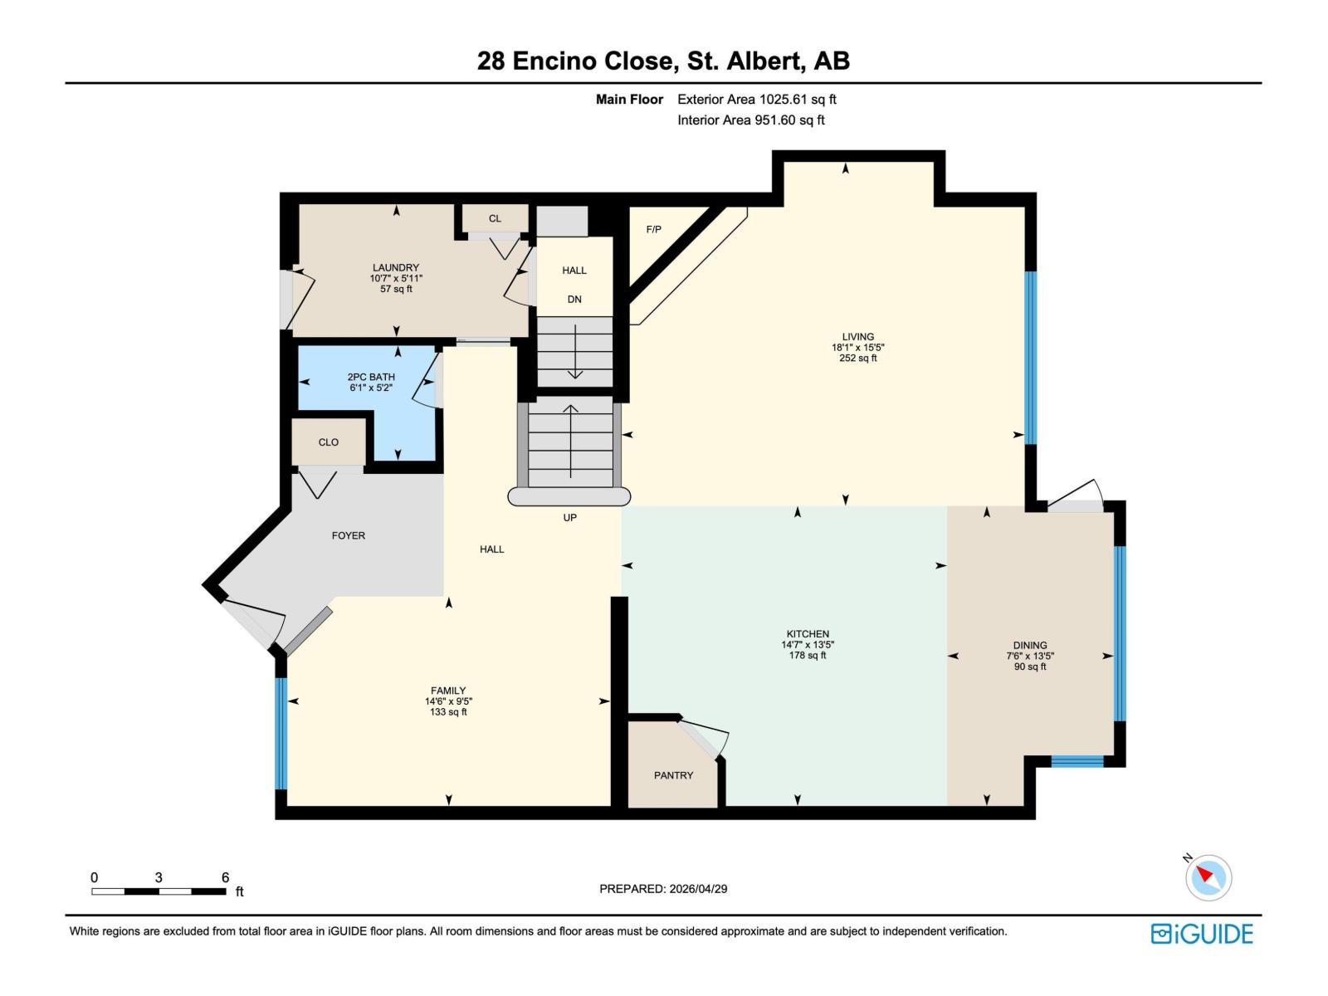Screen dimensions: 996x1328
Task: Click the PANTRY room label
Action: [673, 775]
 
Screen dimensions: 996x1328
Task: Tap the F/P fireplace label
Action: [654, 229]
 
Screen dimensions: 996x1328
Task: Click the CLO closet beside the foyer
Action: [329, 442]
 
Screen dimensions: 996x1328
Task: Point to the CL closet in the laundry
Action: [495, 219]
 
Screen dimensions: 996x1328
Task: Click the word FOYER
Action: [349, 535]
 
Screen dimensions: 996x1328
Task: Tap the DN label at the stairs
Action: [574, 300]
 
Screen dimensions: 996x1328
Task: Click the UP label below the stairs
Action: [570, 517]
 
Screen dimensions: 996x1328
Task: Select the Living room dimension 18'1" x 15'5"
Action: [857, 348]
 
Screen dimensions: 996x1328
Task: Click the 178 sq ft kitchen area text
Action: [808, 656]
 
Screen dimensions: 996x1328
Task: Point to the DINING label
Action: [1030, 645]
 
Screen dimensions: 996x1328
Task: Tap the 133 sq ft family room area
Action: [448, 712]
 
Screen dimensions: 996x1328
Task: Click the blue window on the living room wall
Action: [1031, 357]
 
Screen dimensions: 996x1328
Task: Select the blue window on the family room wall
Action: [281, 733]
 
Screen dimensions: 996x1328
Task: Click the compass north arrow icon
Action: [1208, 877]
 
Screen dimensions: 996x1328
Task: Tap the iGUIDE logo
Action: [1202, 934]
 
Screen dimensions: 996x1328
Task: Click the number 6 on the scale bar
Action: [225, 877]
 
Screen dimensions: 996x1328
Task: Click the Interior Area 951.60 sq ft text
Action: [751, 120]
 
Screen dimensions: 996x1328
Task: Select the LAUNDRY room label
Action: [396, 268]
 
